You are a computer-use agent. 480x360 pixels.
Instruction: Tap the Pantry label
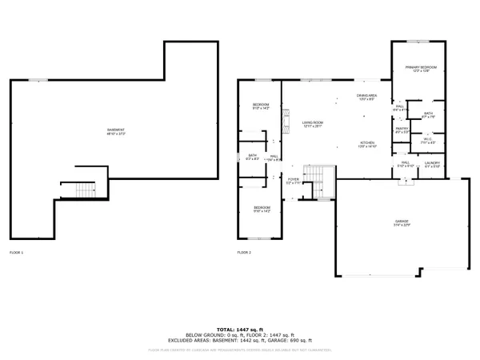click(402, 130)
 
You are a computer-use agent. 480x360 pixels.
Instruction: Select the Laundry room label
click(433, 164)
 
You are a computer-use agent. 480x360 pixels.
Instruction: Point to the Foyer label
click(294, 181)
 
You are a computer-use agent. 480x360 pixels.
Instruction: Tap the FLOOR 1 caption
click(17, 253)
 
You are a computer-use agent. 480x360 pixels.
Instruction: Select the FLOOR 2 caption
click(244, 253)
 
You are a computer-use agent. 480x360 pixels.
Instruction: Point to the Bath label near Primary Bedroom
click(428, 114)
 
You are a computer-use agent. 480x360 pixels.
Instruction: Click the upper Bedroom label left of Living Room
click(261, 107)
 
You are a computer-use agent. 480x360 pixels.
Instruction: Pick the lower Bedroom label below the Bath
click(261, 210)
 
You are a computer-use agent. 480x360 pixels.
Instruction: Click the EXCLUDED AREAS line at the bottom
click(240, 341)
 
